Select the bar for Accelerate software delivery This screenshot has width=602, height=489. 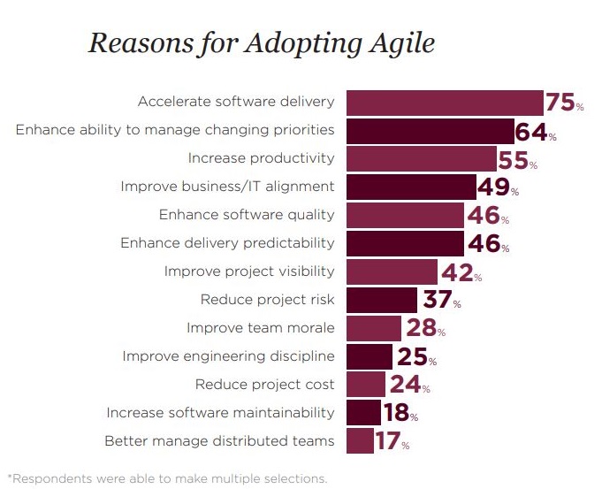(444, 103)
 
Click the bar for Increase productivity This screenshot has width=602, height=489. (421, 159)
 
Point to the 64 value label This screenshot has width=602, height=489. (532, 132)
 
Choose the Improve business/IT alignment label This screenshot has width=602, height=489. (226, 187)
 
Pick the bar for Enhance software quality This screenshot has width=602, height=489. (405, 215)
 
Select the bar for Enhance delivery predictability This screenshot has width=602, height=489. (405, 243)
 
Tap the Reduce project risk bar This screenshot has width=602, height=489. (382, 301)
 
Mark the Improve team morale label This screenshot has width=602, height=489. (260, 328)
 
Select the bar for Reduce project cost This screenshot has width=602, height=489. (366, 385)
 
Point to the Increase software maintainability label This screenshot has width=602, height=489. (220, 412)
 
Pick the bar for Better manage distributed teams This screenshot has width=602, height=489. (360, 440)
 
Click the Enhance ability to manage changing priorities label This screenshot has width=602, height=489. (175, 130)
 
